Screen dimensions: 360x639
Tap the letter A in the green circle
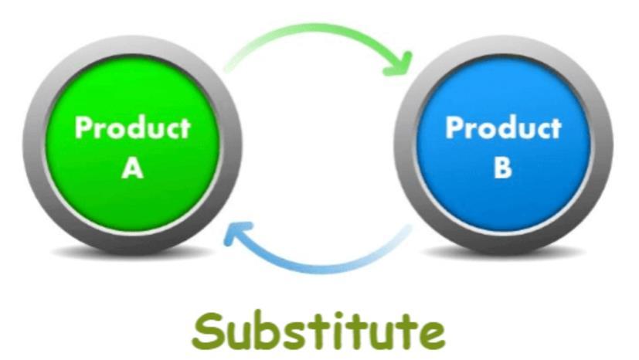tap(132, 168)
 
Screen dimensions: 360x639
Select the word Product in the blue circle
tap(503, 127)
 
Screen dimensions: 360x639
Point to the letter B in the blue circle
tap(503, 168)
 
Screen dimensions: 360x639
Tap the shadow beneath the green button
tap(132, 253)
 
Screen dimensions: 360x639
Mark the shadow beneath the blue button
tap(503, 253)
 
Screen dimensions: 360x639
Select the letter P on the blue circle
tap(454, 127)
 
